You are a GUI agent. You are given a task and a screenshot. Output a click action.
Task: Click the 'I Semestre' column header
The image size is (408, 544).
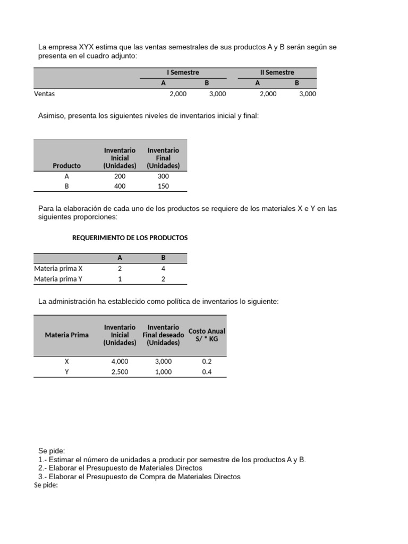[183, 72]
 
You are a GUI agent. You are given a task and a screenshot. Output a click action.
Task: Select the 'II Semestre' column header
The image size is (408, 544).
[277, 72]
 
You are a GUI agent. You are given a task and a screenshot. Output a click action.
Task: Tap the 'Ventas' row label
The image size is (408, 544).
[45, 93]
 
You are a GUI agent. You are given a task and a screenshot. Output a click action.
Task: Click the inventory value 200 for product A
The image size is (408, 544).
[120, 176]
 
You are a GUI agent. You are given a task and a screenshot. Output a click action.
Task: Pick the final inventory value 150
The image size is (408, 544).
[163, 186]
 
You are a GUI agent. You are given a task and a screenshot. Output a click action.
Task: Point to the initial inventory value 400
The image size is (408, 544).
[120, 186]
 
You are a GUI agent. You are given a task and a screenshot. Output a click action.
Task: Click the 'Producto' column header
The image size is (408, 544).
[67, 166]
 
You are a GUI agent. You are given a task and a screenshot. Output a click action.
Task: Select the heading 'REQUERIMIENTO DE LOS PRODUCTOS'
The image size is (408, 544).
[130, 237]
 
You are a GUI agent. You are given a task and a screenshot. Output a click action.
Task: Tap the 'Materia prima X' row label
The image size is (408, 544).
[58, 268]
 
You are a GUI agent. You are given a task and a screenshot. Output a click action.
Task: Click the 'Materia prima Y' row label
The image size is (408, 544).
[58, 278]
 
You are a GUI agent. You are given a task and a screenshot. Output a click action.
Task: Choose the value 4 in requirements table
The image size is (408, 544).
[164, 268]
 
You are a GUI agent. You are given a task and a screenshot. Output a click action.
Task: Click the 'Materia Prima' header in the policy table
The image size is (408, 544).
[67, 335]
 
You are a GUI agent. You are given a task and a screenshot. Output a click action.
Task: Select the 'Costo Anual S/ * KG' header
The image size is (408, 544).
[207, 335]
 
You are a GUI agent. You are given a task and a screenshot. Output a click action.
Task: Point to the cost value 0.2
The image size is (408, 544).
[207, 361]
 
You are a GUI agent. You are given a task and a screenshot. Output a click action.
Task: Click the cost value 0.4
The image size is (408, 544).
[207, 372]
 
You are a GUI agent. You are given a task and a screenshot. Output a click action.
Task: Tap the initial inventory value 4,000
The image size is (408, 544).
[120, 361]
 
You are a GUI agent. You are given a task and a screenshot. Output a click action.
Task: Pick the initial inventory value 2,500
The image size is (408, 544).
[120, 372]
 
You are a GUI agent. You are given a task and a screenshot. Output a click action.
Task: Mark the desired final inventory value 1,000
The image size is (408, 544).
[163, 372]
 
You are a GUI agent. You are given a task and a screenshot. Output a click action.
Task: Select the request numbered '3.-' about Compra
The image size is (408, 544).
[139, 477]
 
